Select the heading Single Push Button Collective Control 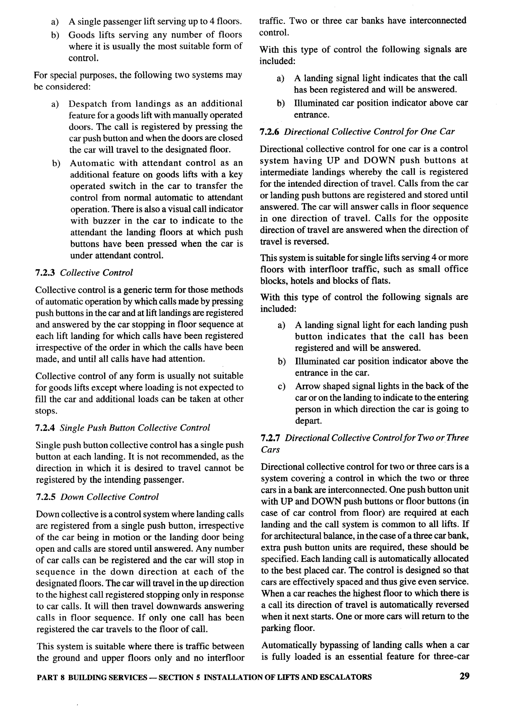point(135,428)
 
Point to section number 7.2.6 point(269,132)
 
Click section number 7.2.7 point(270,438)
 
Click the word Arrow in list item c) point(306,386)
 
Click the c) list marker point(281,386)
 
